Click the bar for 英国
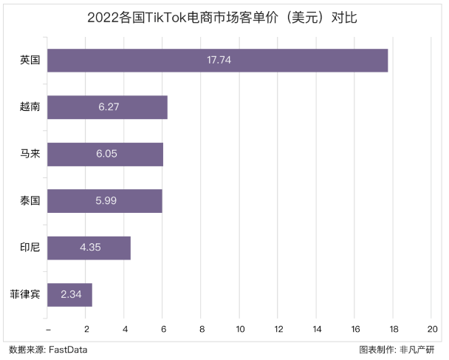coord(217,60)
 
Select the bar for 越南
coord(107,107)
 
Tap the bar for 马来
coord(105,154)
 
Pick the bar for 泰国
coord(104,201)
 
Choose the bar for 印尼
coord(89,248)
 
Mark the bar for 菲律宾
coord(69,295)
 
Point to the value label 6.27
coord(108,107)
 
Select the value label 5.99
coord(106,201)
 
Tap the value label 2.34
coord(70,295)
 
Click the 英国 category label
coord(30,60)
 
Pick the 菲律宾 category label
coord(25,295)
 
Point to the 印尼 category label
coord(30,248)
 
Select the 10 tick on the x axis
coord(240,329)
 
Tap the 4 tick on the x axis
coord(125,329)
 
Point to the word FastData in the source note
coord(69,350)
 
